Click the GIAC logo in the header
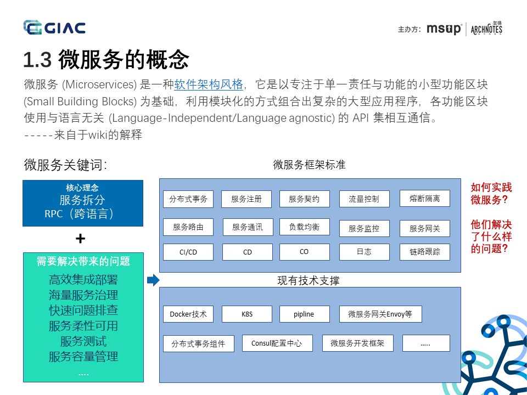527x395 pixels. (x=54, y=27)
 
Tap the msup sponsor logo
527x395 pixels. (x=444, y=29)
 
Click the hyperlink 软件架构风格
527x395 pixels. (x=209, y=84)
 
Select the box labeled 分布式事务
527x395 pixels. (x=188, y=199)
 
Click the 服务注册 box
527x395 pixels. (x=246, y=199)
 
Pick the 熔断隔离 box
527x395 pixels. (x=424, y=199)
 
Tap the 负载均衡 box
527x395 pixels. (x=304, y=227)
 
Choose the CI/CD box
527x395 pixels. (x=188, y=252)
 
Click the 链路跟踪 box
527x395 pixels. (x=424, y=252)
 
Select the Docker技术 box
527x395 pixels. (x=188, y=314)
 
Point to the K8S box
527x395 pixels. (x=247, y=314)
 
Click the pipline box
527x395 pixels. (x=304, y=314)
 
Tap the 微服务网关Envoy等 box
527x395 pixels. (x=380, y=314)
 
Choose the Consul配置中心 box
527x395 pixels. (x=277, y=343)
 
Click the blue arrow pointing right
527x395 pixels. (x=153, y=280)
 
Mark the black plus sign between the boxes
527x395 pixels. (x=81, y=239)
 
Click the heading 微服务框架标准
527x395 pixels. (x=309, y=165)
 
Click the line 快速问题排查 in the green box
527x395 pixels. (x=83, y=311)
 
